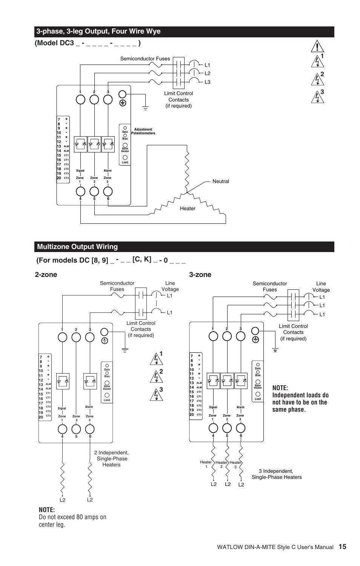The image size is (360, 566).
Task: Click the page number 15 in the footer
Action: point(342,547)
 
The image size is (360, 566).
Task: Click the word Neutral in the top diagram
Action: point(221,181)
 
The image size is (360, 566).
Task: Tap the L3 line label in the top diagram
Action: point(207,82)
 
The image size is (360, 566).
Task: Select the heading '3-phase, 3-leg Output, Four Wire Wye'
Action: point(98,31)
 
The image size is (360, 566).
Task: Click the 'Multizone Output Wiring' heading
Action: point(77,247)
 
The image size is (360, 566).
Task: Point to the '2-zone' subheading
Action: point(46,274)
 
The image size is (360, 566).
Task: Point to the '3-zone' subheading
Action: point(200,274)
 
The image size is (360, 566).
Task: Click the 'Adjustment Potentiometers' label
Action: point(143,131)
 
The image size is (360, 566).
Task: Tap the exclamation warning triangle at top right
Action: point(318,46)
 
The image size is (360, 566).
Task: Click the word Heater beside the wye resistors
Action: point(188,208)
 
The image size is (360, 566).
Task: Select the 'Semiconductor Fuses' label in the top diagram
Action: point(145,58)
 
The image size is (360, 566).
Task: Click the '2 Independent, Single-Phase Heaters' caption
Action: point(111,458)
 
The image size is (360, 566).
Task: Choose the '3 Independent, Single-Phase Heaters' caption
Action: point(277,474)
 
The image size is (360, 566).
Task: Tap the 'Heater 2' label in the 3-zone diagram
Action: point(222,464)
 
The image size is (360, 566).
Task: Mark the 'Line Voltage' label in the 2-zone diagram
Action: point(170,286)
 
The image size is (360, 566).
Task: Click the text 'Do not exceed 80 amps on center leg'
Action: point(73,520)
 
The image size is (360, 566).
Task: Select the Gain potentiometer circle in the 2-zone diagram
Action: point(107,366)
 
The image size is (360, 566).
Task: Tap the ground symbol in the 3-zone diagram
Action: point(275,350)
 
